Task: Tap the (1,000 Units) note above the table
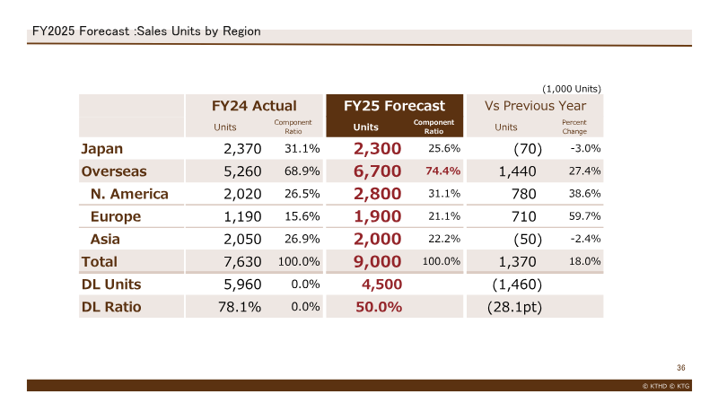pyautogui.click(x=572, y=89)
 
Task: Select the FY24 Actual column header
pyautogui.click(x=254, y=106)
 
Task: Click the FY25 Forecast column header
pyautogui.click(x=394, y=106)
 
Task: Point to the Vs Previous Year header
pyautogui.click(x=535, y=106)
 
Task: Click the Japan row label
pyautogui.click(x=102, y=149)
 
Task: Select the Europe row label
pyautogui.click(x=116, y=216)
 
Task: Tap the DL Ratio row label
pyautogui.click(x=111, y=307)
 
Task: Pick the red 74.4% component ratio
pyautogui.click(x=442, y=171)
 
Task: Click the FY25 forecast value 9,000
pyautogui.click(x=377, y=261)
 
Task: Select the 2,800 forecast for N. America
pyautogui.click(x=377, y=194)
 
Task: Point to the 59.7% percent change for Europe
pyautogui.click(x=585, y=216)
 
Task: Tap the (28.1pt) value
pyautogui.click(x=514, y=307)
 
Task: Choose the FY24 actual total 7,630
pyautogui.click(x=242, y=261)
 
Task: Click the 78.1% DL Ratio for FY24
pyautogui.click(x=240, y=307)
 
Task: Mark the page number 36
pyautogui.click(x=681, y=368)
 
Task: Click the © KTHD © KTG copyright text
pyautogui.click(x=666, y=386)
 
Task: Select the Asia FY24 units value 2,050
pyautogui.click(x=242, y=239)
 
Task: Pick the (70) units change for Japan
pyautogui.click(x=528, y=149)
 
